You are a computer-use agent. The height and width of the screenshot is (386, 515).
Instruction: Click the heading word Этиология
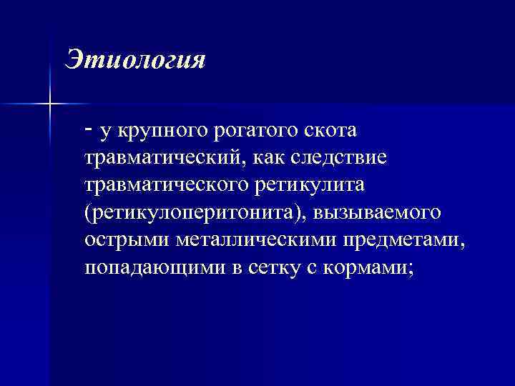pos(135,59)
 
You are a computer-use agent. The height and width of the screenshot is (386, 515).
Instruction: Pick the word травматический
pos(157,159)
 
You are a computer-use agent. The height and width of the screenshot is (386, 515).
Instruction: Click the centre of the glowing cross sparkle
pos(50,104)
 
